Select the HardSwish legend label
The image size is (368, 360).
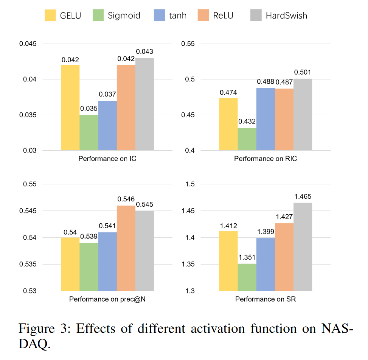[x=286, y=16]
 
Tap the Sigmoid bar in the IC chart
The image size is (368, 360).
[x=89, y=132]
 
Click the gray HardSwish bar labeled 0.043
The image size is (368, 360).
[x=144, y=104]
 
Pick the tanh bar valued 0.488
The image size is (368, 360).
[x=266, y=119]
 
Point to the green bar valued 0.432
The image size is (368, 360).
[x=247, y=139]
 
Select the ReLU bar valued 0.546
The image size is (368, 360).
[x=126, y=248]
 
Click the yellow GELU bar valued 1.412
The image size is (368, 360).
[x=228, y=261]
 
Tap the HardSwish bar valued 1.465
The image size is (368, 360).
[x=303, y=246]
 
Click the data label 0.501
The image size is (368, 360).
[x=303, y=73]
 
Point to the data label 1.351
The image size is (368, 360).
[x=247, y=257]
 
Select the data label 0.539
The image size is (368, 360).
[x=89, y=237]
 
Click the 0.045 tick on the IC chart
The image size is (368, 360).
[x=28, y=44]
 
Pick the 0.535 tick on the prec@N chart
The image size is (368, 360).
[x=28, y=264]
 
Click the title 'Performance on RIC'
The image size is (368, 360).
[x=266, y=159]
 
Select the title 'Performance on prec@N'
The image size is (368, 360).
[x=107, y=299]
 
